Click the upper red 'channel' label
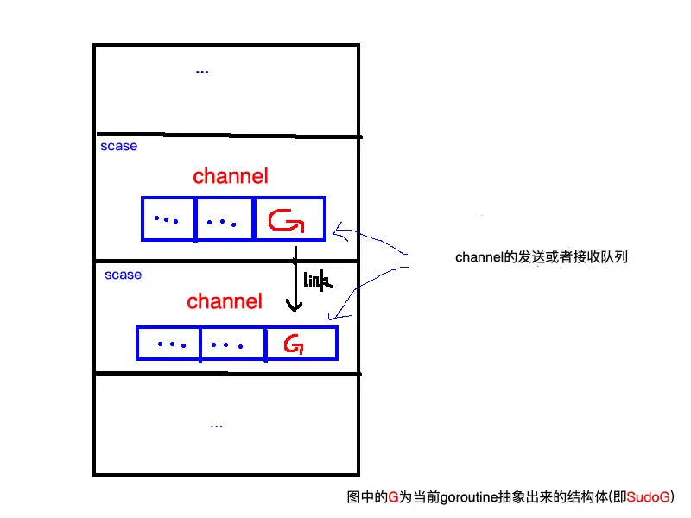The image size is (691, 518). [x=231, y=177]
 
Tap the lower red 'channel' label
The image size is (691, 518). [x=225, y=301]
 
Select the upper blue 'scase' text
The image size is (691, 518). [x=118, y=147]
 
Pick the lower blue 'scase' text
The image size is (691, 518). [x=123, y=275]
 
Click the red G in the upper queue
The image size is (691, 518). [x=286, y=222]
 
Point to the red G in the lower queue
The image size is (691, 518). [x=294, y=345]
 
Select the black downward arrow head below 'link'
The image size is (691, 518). [x=295, y=307]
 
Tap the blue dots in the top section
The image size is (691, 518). [x=202, y=71]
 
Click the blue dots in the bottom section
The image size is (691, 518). [x=216, y=425]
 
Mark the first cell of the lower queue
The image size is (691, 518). [x=169, y=344]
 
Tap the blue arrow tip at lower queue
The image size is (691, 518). [x=329, y=320]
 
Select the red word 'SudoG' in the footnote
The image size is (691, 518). [x=648, y=497]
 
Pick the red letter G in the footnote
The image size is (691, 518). [x=393, y=497]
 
